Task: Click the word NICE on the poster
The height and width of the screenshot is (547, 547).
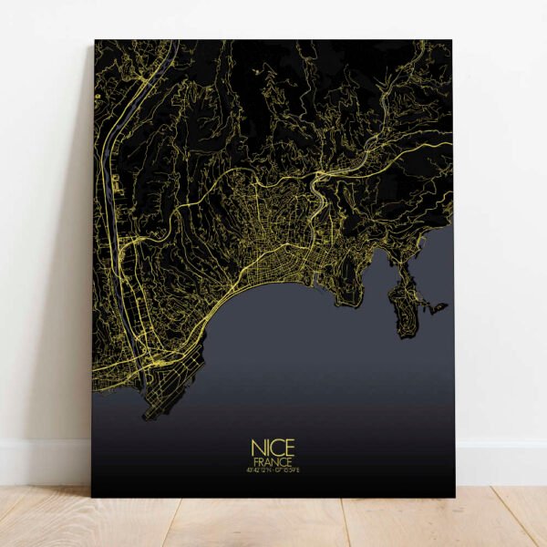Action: [273, 449]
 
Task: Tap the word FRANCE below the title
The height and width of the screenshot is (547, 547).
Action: [273, 462]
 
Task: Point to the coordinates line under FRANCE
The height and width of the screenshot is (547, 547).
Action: [273, 471]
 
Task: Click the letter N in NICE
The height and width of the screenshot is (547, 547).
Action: [256, 449]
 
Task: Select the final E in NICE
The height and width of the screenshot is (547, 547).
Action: [289, 449]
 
